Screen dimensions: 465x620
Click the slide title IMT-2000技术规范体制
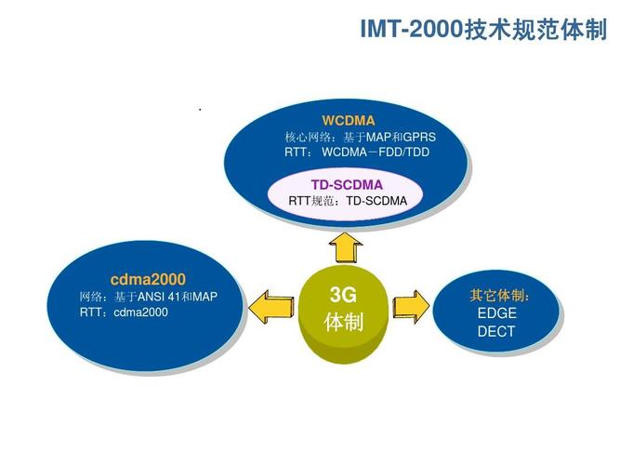coord(482,30)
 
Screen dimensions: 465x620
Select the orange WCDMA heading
coord(348,121)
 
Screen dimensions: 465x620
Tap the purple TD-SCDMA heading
coord(347,184)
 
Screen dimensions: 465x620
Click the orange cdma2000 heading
coord(148,279)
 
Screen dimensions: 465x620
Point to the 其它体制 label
coord(499,296)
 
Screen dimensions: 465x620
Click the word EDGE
coord(496,312)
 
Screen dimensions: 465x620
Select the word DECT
coord(496,330)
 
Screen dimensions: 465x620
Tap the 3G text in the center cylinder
coord(343,296)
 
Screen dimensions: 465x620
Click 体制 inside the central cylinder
coord(343,323)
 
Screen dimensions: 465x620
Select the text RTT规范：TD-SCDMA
coord(348,200)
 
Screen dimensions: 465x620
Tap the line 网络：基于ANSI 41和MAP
coord(148,297)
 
